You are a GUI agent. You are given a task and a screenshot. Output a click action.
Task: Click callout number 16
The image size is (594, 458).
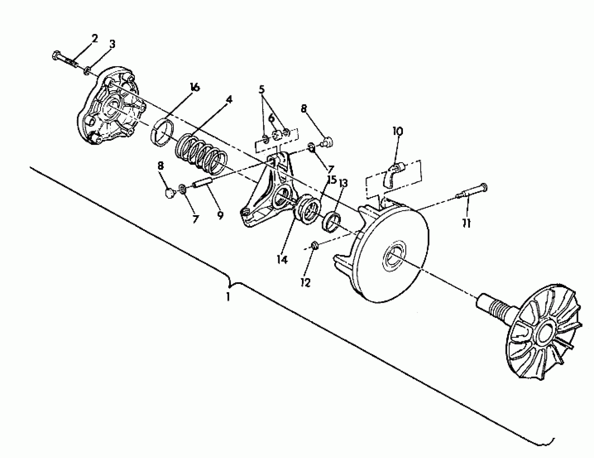click(195, 87)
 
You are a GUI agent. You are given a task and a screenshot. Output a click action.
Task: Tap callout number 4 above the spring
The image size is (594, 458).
click(229, 100)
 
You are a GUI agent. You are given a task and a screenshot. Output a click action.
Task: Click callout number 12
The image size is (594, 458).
click(306, 283)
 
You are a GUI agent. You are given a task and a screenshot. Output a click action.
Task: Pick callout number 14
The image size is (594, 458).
click(282, 260)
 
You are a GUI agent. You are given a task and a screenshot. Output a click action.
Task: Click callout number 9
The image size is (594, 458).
click(220, 215)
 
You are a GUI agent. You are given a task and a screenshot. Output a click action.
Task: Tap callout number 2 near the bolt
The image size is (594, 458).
click(94, 39)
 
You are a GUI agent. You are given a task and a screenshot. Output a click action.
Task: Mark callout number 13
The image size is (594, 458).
click(343, 183)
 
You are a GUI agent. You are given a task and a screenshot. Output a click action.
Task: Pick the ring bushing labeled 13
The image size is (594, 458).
click(332, 223)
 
